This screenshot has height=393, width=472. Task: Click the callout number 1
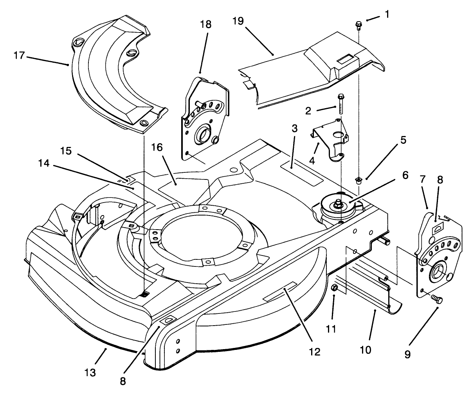coord(387,14)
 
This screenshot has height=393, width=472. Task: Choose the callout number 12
coord(314,351)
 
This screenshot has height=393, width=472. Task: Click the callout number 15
coord(67,150)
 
